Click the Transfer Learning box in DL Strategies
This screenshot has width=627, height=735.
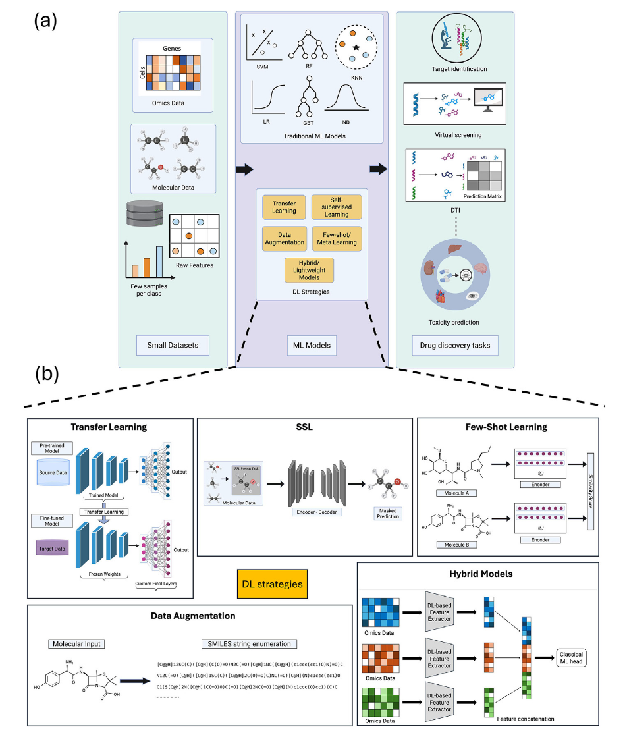point(284,207)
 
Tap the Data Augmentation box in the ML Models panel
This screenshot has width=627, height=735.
point(284,238)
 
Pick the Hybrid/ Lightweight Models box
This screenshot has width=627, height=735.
point(309,269)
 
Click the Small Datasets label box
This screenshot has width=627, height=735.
point(173,343)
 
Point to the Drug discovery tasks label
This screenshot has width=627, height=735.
point(454,343)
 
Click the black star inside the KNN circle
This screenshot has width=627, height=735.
point(356,47)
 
